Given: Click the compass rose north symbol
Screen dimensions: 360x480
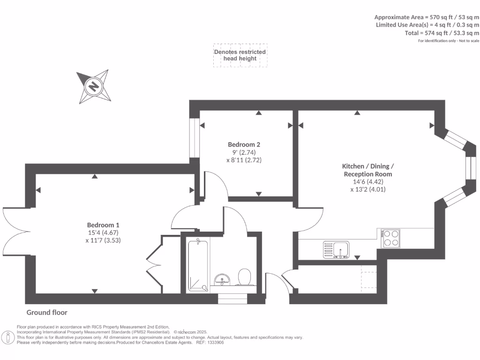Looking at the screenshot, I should point(94,86).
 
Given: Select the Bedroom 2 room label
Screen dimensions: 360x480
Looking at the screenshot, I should point(244,144).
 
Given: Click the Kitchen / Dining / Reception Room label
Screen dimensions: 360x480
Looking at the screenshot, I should point(368,170).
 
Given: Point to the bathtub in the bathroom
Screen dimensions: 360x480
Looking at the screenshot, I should point(199,265).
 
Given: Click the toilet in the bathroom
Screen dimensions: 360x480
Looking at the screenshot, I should point(244,277).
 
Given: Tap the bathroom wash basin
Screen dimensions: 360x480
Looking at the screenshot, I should point(220,280).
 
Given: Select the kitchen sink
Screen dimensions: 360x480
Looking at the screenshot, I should point(336,248).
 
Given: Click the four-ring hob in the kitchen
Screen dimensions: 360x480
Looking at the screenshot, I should point(391,238).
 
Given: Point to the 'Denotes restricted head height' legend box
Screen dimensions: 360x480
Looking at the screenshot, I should point(240,55).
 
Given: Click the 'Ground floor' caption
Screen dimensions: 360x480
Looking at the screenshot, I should point(47,312).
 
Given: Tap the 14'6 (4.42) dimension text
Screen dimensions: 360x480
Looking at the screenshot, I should point(368,182).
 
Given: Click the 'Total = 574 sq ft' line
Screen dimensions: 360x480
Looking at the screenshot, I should point(442,33).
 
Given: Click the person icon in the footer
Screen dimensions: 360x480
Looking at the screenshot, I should point(8,337).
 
